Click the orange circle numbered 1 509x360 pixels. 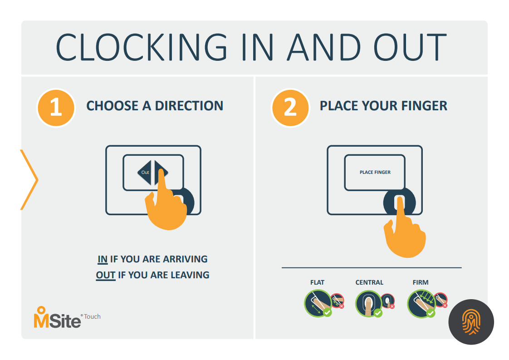[x=56, y=108]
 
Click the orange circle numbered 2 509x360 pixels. [x=290, y=108]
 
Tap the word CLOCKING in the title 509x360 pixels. [x=142, y=47]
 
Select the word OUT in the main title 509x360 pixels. [x=410, y=47]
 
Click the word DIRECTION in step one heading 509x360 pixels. [x=189, y=106]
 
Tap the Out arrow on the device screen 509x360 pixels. [x=145, y=172]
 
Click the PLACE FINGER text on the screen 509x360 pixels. [x=375, y=172]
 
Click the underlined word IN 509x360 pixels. [x=102, y=259]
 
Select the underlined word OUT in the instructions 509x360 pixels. [x=106, y=275]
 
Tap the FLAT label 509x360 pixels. [x=317, y=282]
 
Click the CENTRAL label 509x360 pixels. [x=369, y=282]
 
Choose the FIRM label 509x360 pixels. [x=421, y=282]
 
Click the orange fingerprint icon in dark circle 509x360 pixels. [x=471, y=322]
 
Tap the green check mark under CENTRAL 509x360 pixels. [x=378, y=313]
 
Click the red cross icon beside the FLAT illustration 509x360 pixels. [x=342, y=306]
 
